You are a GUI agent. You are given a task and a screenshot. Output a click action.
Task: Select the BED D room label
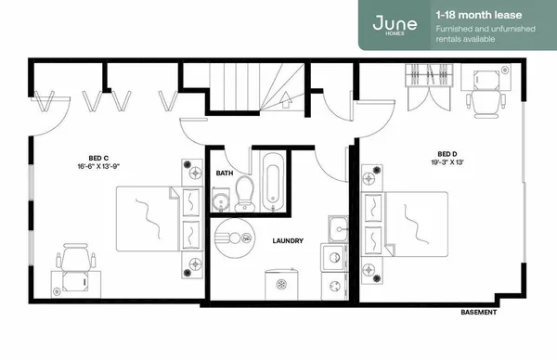pyautogui.click(x=447, y=154)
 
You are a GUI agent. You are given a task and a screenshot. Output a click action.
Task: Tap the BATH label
pyautogui.click(x=224, y=173)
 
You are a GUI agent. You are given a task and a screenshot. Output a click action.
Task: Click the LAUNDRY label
pyautogui.click(x=288, y=241)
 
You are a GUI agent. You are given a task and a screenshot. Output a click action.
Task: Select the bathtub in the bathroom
pyautogui.click(x=274, y=185)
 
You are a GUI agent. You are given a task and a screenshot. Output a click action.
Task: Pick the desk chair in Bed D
pyautogui.click(x=484, y=94)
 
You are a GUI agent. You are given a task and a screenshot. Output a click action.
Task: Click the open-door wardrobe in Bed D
pyautogui.click(x=425, y=87)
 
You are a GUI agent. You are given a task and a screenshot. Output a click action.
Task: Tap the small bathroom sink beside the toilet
pyautogui.click(x=221, y=200)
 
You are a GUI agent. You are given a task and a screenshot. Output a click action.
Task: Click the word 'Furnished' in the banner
pyautogui.click(x=453, y=29)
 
